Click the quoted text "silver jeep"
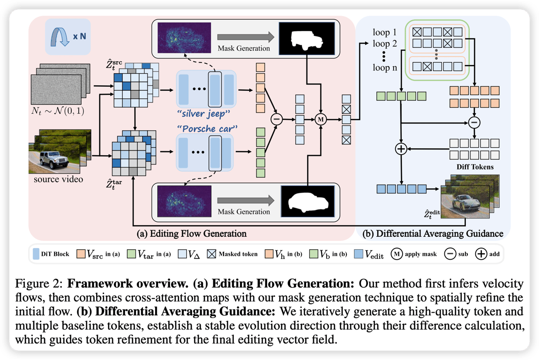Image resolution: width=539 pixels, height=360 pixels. pyautogui.click(x=204, y=114)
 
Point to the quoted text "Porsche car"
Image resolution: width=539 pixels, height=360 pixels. pyautogui.click(x=205, y=128)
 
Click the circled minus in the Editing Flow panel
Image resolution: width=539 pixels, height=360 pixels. pyautogui.click(x=276, y=120)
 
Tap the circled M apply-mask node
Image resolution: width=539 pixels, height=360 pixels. pyautogui.click(x=321, y=120)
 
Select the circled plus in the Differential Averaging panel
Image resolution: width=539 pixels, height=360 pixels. pyautogui.click(x=401, y=149)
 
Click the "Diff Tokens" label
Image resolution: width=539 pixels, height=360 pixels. pyautogui.click(x=474, y=166)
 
